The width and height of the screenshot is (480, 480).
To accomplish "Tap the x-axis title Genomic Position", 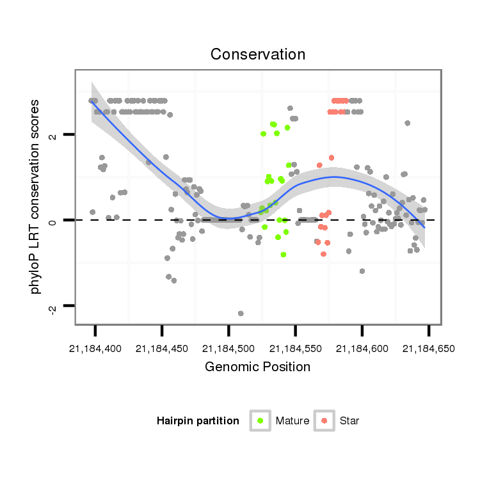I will (x=257, y=367).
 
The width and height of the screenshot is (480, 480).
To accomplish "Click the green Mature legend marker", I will (x=261, y=420).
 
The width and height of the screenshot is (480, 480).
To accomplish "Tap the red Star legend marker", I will (x=325, y=420).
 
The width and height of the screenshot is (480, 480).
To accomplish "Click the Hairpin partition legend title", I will (x=198, y=421).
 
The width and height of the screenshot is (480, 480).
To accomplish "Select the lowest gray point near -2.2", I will (x=241, y=313).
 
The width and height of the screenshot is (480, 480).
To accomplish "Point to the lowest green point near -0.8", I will (x=284, y=254).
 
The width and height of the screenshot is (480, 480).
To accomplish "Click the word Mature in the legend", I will (x=292, y=421).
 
